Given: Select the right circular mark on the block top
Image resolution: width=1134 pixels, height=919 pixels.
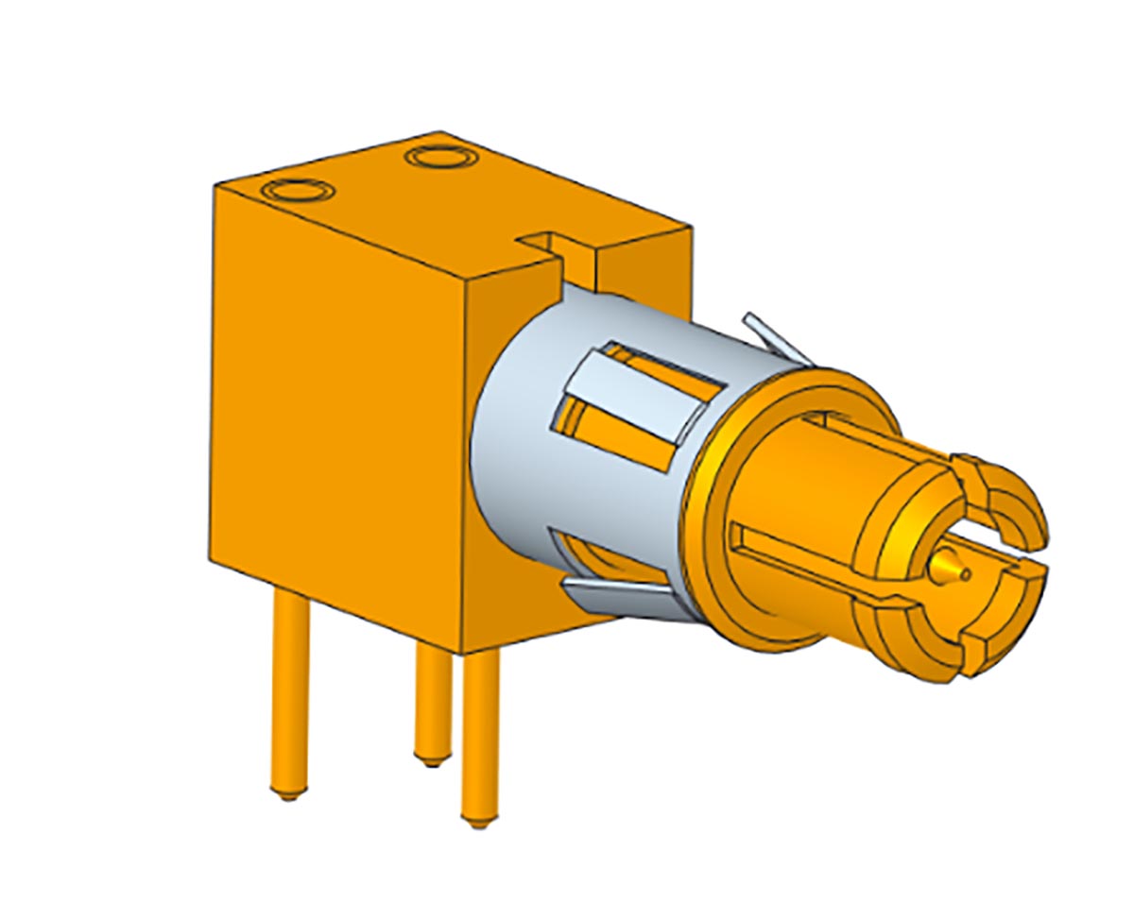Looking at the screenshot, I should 440,155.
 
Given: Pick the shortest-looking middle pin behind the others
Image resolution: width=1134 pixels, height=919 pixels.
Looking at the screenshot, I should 433,704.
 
